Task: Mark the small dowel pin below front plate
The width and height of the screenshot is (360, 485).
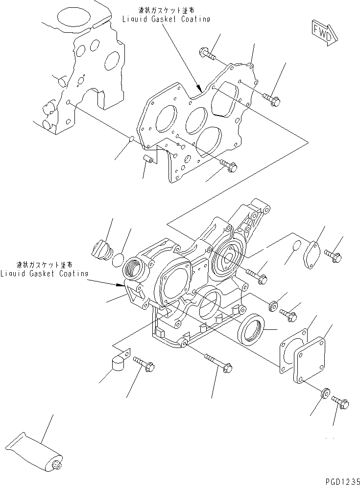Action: [x=148, y=159]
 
